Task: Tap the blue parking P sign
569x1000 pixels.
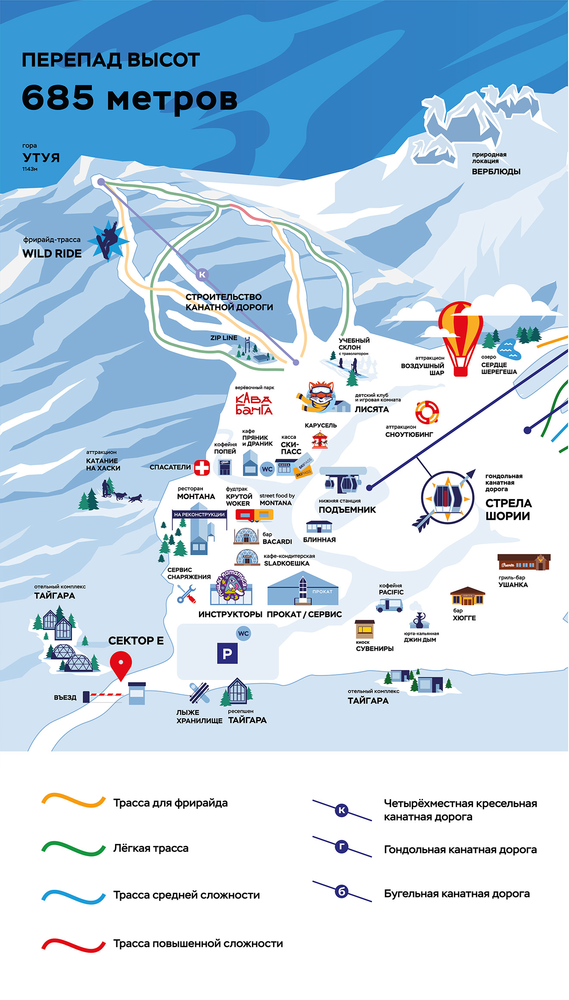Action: click(x=227, y=653)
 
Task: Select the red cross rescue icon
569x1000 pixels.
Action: click(x=202, y=468)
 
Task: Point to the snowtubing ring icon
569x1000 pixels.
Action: click(x=427, y=412)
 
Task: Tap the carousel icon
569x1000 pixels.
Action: click(x=320, y=440)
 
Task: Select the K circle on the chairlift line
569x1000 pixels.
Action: click(x=202, y=274)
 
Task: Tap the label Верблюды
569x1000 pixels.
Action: click(x=496, y=171)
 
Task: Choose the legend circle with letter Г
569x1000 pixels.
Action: click(x=342, y=846)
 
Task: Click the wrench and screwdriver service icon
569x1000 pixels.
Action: click(x=187, y=594)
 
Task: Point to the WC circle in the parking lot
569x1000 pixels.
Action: click(x=243, y=634)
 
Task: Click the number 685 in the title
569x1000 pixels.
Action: click(x=58, y=97)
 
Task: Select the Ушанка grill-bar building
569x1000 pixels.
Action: click(x=524, y=562)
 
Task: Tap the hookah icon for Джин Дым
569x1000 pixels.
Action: click(x=418, y=620)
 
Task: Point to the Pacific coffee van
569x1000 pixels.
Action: click(x=389, y=605)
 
